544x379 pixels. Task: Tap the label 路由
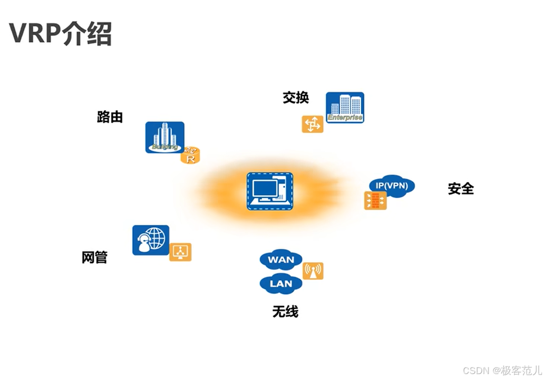pyautogui.click(x=109, y=117)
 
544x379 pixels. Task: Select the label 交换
pyautogui.click(x=296, y=98)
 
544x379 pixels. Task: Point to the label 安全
pyautogui.click(x=460, y=189)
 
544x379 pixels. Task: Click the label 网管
pyautogui.click(x=94, y=258)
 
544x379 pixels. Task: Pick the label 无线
pyautogui.click(x=285, y=312)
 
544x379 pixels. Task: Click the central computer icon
pyautogui.click(x=270, y=191)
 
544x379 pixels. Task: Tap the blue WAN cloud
pyautogui.click(x=281, y=260)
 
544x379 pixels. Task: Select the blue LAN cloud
pyautogui.click(x=281, y=284)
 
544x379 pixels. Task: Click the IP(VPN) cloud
pyautogui.click(x=392, y=186)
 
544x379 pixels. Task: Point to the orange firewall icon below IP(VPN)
pyautogui.click(x=375, y=200)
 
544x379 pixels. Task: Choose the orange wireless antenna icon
pyautogui.click(x=313, y=271)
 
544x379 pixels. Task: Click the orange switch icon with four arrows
pyautogui.click(x=312, y=124)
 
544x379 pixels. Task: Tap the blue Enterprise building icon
pyautogui.click(x=345, y=107)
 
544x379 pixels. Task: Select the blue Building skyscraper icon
pyautogui.click(x=164, y=137)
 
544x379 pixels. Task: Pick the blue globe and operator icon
pyautogui.click(x=150, y=240)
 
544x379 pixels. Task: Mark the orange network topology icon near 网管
pyautogui.click(x=180, y=252)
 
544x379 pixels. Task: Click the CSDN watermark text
pyautogui.click(x=502, y=370)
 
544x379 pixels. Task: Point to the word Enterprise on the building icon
pyautogui.click(x=345, y=118)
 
